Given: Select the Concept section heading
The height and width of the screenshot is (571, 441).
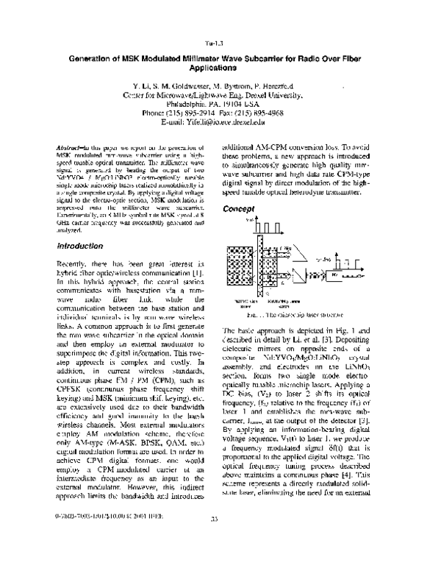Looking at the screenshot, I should [x=242, y=208].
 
